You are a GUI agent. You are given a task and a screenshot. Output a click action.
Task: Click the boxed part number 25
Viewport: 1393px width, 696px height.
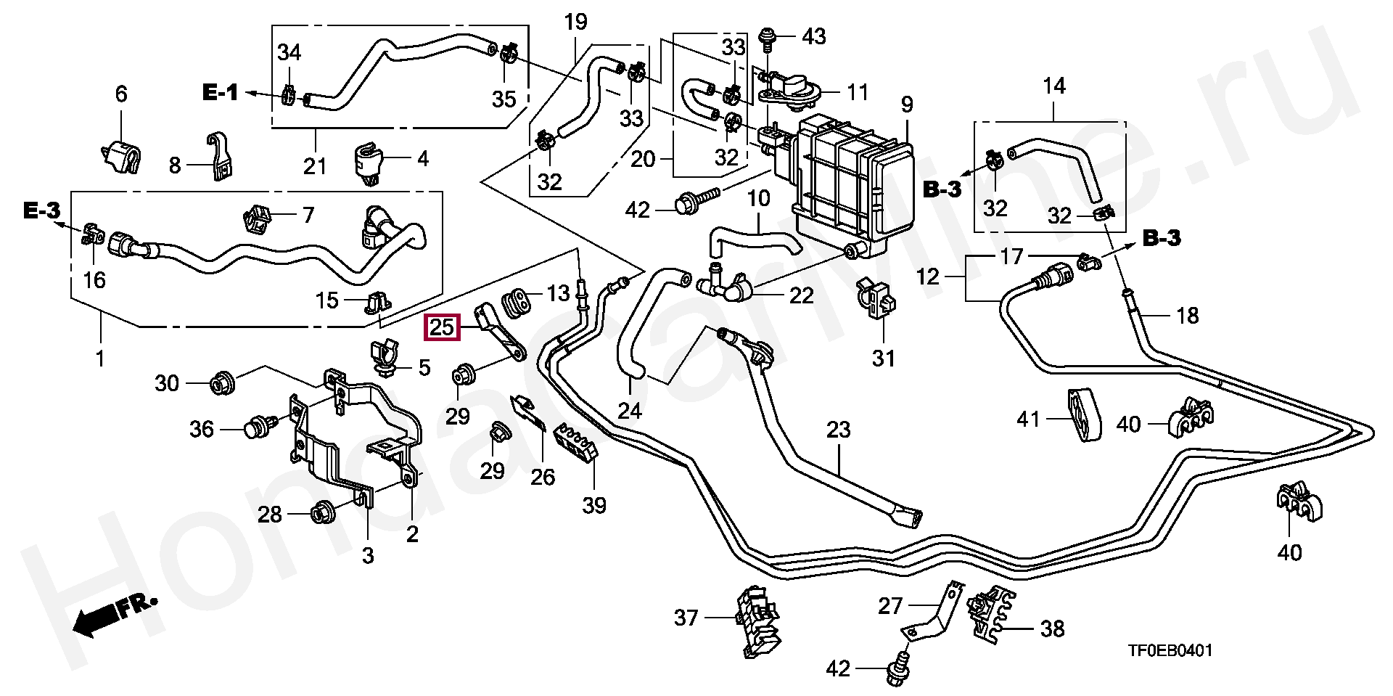442,328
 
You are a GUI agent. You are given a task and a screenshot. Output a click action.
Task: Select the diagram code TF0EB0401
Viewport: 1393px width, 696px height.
1169,651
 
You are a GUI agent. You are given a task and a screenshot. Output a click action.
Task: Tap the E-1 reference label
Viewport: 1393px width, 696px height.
220,93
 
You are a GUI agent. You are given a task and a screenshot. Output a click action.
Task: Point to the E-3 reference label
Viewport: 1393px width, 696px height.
41,211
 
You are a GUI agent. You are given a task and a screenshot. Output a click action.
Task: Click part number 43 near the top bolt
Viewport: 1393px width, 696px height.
814,36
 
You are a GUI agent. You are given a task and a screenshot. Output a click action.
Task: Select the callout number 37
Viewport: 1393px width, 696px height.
686,618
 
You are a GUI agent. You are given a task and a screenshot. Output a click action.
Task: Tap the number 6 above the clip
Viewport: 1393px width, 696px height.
121,94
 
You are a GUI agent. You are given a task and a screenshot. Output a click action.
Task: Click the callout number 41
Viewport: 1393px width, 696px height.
1028,419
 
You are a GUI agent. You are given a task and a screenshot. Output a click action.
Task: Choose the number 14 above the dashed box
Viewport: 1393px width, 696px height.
1053,86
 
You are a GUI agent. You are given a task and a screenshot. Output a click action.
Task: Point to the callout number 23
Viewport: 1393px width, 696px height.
838,430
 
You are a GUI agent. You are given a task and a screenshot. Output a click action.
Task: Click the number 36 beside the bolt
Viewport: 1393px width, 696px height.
202,430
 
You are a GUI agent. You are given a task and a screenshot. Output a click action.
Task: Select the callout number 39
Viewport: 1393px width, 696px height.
594,505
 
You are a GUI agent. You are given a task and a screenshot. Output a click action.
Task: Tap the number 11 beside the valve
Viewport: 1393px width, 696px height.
858,93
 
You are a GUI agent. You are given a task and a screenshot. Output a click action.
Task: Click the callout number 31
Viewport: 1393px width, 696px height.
883,359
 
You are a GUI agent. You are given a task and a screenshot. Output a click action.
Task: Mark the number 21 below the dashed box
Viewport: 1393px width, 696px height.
315,166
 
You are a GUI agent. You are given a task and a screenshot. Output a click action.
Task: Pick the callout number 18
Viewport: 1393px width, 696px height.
1187,316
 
